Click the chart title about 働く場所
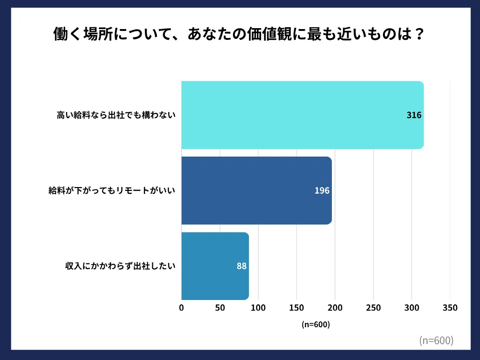pyautogui.click(x=240, y=35)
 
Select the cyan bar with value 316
pyautogui.click(x=302, y=115)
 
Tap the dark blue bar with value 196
pyautogui.click(x=256, y=191)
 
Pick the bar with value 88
pyautogui.click(x=215, y=266)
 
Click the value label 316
pyautogui.click(x=414, y=115)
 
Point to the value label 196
pyautogui.click(x=322, y=191)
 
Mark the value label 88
pyautogui.click(x=241, y=266)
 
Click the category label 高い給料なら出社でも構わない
pyautogui.click(x=116, y=115)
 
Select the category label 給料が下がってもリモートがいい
pyautogui.click(x=112, y=191)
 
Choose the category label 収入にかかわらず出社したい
pyautogui.click(x=120, y=266)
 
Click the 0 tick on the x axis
pyautogui.click(x=181, y=308)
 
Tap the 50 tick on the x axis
pyautogui.click(x=220, y=308)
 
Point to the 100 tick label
pyautogui.click(x=258, y=308)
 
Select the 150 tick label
pyautogui.click(x=296, y=308)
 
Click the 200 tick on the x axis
pyautogui.click(x=335, y=308)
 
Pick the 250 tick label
pyautogui.click(x=373, y=308)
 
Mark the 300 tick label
pyautogui.click(x=412, y=308)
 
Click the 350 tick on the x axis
pyautogui.click(x=450, y=308)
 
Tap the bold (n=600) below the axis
pyautogui.click(x=316, y=324)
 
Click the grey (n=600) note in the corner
pyautogui.click(x=436, y=341)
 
